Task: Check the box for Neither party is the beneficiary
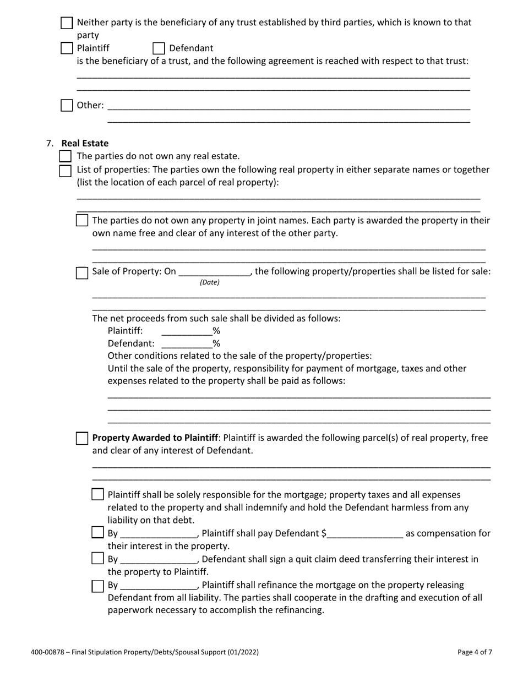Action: click(x=67, y=23)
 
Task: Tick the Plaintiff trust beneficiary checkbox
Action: click(x=67, y=48)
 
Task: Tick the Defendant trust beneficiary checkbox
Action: click(x=159, y=48)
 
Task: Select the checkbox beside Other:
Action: click(x=67, y=105)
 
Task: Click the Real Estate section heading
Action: click(x=85, y=144)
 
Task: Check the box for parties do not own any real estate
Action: click(x=66, y=156)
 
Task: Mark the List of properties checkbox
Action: click(x=66, y=170)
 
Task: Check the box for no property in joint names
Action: click(x=81, y=221)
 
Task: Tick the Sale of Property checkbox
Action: click(x=81, y=272)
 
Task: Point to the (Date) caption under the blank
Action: click(x=209, y=283)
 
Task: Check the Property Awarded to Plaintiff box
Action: click(x=81, y=439)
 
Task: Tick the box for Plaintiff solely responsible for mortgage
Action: click(x=97, y=495)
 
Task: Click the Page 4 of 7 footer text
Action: click(x=475, y=652)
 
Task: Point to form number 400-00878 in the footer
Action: click(x=50, y=652)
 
